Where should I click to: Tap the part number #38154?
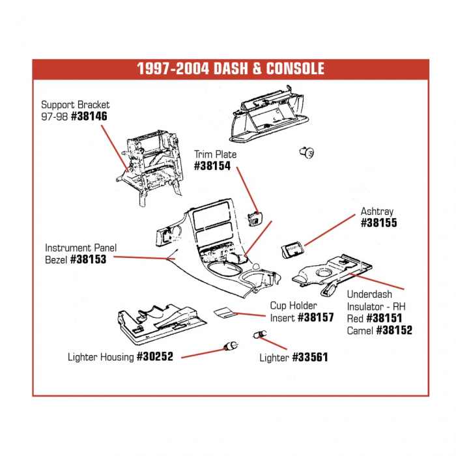(x=212, y=166)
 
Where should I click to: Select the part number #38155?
(x=378, y=223)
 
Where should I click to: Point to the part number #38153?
(x=88, y=259)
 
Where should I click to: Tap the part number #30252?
(x=155, y=357)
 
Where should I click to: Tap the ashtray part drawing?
(x=292, y=251)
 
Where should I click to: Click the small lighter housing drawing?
(x=231, y=345)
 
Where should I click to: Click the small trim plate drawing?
(x=255, y=216)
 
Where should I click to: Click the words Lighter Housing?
(x=101, y=357)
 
